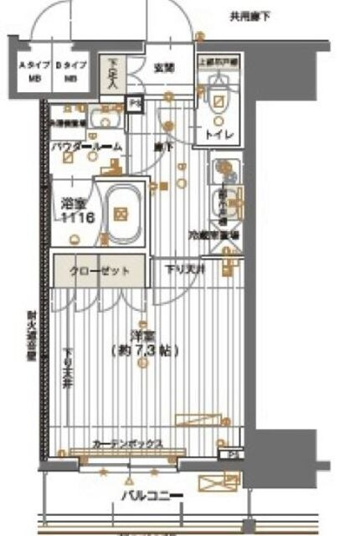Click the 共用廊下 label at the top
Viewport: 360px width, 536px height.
click(251, 16)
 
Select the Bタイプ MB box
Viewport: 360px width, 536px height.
click(69, 71)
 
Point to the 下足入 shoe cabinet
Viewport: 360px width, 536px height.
click(116, 75)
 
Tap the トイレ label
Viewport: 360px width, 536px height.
click(219, 134)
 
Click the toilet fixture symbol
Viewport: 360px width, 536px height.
click(219, 100)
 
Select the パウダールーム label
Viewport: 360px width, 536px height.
click(86, 147)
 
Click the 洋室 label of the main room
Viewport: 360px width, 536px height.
click(141, 336)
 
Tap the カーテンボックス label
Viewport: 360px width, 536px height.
click(128, 445)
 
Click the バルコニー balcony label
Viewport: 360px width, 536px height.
click(151, 497)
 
